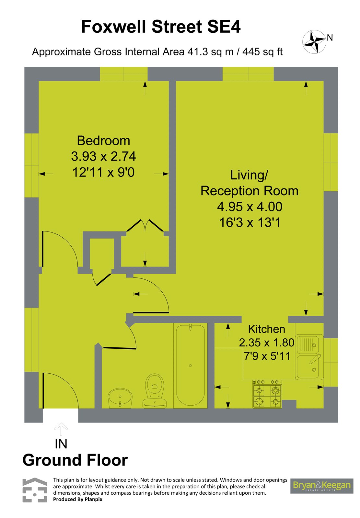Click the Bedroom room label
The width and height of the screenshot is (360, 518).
(103, 141)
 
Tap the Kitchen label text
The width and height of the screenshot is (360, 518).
(266, 329)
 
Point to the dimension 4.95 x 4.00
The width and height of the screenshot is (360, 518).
(249, 207)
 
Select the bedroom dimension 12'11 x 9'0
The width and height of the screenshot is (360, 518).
(103, 172)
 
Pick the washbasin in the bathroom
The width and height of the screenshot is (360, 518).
(120, 398)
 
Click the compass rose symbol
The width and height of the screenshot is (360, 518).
(314, 42)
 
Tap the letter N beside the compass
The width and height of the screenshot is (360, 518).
(330, 38)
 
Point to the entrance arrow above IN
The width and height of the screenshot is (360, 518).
(61, 429)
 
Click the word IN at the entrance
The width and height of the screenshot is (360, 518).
(61, 444)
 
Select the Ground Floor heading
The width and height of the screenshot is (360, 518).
(75, 460)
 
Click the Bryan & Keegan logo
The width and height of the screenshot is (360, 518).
(321, 486)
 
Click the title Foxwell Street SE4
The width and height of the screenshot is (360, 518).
(161, 27)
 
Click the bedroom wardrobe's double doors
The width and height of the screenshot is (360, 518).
(145, 225)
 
